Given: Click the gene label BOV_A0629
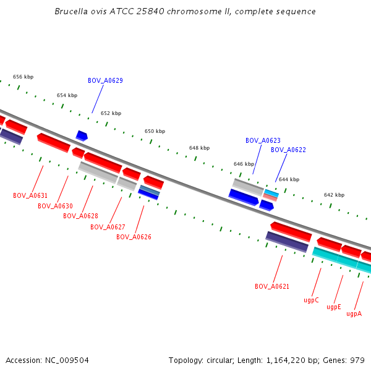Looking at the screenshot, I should pyautogui.click(x=105, y=80).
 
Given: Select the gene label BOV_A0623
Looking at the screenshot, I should pyautogui.click(x=263, y=140).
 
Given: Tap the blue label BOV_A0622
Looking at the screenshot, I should pyautogui.click(x=288, y=150).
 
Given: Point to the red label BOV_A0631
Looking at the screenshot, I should pyautogui.click(x=30, y=195).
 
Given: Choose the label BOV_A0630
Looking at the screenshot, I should pyautogui.click(x=55, y=206).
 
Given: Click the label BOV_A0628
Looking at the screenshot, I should pyautogui.click(x=80, y=216).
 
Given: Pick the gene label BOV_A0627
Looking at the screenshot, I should pyautogui.click(x=108, y=227).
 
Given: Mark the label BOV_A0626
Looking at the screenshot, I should pyautogui.click(x=134, y=237).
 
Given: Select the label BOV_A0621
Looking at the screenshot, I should pyautogui.click(x=272, y=286).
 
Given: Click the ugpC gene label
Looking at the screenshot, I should pyautogui.click(x=311, y=300).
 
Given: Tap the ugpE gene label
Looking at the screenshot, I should pyautogui.click(x=334, y=307).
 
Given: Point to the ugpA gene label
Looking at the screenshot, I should pyautogui.click(x=354, y=313).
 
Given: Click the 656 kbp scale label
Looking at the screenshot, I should pyautogui.click(x=23, y=77).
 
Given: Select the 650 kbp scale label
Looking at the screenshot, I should pyautogui.click(x=155, y=131).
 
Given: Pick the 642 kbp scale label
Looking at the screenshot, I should pyautogui.click(x=334, y=195).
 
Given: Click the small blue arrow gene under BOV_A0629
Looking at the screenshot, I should pyautogui.click(x=82, y=135).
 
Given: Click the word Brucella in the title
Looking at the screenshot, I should pyautogui.click(x=69, y=11).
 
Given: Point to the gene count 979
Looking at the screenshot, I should pyautogui.click(x=357, y=360).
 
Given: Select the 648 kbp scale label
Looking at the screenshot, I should pyautogui.click(x=199, y=148).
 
